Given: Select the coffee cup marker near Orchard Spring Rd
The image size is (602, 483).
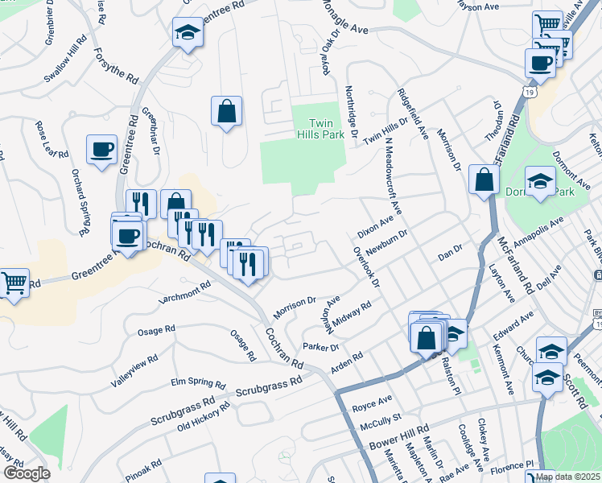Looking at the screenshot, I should pyautogui.click(x=102, y=151).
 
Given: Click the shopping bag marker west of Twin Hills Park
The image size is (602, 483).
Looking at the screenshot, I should pyautogui.click(x=227, y=112).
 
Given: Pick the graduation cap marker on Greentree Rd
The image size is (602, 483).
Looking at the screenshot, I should pyautogui.click(x=188, y=34).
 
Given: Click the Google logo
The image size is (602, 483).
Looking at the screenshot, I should pyautogui.click(x=26, y=473).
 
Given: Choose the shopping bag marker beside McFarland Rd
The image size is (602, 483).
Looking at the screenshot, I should pyautogui.click(x=484, y=180).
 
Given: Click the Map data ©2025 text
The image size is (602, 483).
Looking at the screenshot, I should pyautogui.click(x=567, y=477).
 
